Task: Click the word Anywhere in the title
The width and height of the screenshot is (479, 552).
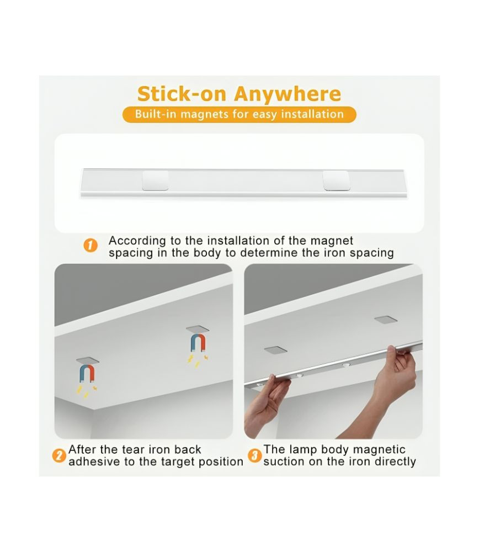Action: [288, 94]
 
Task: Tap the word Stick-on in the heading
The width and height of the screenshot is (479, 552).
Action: [182, 94]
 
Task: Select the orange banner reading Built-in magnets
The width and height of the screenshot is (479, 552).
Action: [239, 114]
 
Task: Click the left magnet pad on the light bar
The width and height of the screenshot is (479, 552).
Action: [155, 181]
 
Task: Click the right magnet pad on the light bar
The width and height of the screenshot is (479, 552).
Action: [337, 181]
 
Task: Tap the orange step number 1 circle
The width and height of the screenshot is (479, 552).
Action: [91, 245]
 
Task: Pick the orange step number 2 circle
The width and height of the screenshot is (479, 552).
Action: [59, 455]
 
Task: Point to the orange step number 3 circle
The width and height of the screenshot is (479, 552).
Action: [255, 455]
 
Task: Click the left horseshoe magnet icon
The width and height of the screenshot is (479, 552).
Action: [87, 373]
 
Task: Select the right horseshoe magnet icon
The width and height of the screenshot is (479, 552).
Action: [198, 343]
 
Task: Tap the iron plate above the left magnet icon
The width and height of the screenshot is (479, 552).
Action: [87, 360]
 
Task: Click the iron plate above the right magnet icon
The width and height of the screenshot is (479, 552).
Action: [198, 329]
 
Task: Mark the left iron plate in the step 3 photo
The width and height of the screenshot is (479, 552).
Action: [275, 350]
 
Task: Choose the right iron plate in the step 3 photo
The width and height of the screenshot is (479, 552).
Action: [386, 320]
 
